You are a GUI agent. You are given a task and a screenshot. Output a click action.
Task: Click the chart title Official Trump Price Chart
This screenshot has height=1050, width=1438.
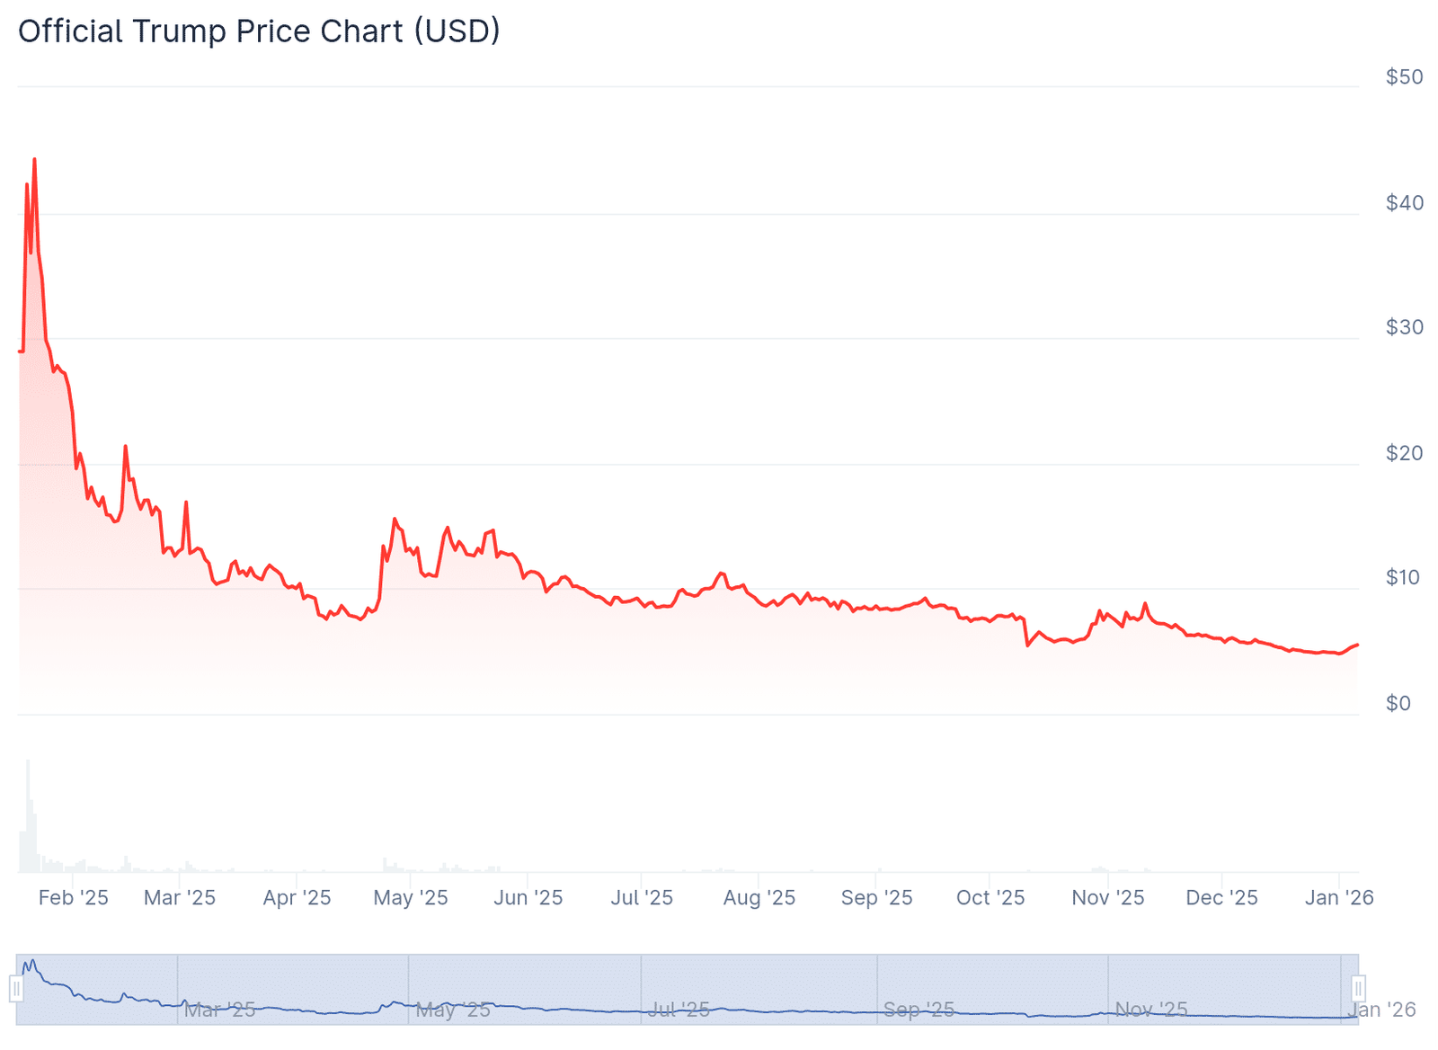tap(259, 31)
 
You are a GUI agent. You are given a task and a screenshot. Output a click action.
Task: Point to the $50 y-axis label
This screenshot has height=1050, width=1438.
tap(1404, 77)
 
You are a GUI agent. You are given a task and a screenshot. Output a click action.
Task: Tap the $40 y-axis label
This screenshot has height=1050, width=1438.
tap(1404, 203)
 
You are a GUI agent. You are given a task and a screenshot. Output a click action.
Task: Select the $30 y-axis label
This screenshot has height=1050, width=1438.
tap(1404, 327)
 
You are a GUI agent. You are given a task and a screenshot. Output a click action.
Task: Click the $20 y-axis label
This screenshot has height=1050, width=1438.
tap(1404, 453)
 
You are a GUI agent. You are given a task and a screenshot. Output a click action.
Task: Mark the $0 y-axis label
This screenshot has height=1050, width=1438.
tap(1398, 703)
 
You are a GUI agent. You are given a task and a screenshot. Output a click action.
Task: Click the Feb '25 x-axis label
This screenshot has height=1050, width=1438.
tap(73, 897)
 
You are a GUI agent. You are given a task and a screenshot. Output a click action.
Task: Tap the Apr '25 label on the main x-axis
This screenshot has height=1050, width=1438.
tap(297, 897)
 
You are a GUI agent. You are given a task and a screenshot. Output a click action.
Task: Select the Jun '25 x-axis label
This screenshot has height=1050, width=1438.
tap(528, 897)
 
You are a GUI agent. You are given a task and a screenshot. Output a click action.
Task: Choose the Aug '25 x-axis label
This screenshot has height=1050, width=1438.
tap(759, 897)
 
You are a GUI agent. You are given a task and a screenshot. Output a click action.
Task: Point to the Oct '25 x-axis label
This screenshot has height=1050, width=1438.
tap(990, 897)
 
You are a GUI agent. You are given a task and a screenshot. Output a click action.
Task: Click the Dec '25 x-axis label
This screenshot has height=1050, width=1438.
tap(1221, 897)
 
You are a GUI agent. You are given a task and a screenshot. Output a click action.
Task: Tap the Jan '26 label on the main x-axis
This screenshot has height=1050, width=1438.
tap(1339, 897)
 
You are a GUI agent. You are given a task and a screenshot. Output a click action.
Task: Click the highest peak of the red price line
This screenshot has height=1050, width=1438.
tap(34, 159)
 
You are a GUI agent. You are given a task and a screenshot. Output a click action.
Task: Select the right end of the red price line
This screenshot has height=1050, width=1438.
tap(1357, 645)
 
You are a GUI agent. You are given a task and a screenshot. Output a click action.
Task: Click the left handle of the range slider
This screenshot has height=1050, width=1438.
tap(16, 989)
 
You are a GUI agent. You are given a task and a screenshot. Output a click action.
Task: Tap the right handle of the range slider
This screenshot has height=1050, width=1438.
tap(1358, 989)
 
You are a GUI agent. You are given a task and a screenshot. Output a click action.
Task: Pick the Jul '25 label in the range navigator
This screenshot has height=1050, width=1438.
tap(679, 1010)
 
